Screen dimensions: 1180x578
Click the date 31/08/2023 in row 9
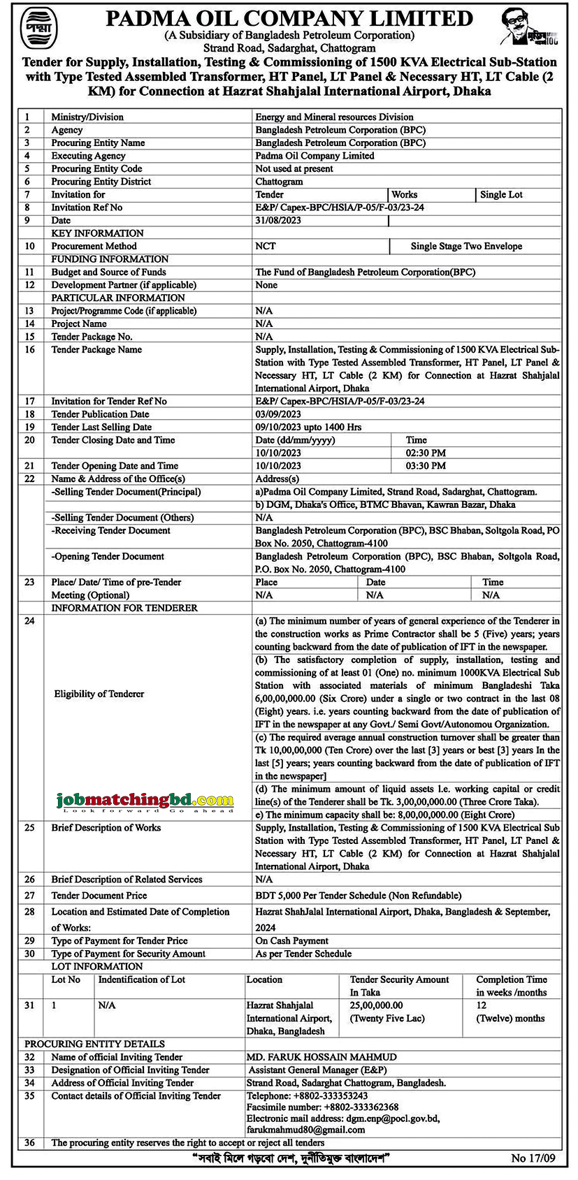(278, 221)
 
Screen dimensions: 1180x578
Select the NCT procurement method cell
(266, 247)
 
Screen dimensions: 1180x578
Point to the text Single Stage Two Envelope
(466, 247)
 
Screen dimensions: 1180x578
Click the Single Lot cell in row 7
(501, 195)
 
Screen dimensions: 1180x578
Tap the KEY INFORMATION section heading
(97, 233)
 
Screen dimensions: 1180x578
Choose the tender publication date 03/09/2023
(278, 414)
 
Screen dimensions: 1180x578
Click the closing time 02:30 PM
(426, 453)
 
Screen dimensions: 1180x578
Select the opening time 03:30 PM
(426, 466)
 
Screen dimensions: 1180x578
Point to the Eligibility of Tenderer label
(99, 694)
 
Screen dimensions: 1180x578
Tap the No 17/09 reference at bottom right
(533, 1158)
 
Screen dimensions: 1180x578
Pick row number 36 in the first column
(29, 1143)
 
